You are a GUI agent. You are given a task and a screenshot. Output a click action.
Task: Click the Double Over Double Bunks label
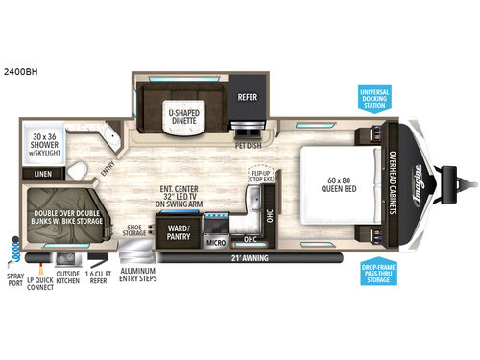65,219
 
